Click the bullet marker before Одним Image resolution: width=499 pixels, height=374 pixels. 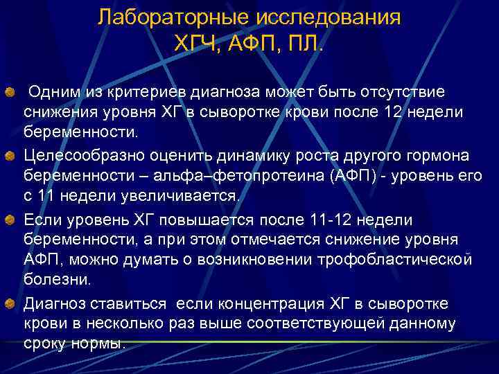pyautogui.click(x=9, y=92)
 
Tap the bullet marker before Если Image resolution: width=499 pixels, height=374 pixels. pyautogui.click(x=9, y=220)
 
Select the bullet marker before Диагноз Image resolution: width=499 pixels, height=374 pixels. pyautogui.click(x=9, y=303)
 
